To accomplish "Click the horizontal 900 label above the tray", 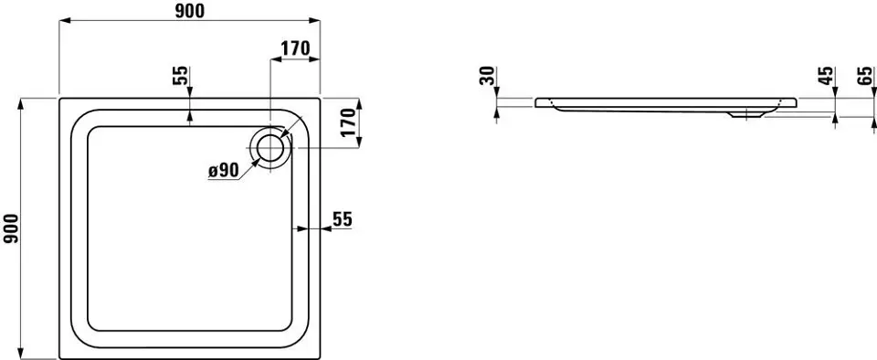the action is [x=190, y=11].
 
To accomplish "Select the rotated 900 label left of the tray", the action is [x=12, y=229].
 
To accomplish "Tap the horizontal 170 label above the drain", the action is [x=295, y=48].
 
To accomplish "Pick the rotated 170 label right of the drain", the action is [x=348, y=123].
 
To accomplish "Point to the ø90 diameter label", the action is [x=223, y=171].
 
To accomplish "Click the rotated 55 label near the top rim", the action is [x=181, y=75].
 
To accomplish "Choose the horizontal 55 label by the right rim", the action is [x=343, y=219].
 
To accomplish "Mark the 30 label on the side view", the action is [x=488, y=76].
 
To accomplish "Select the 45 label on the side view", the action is [x=827, y=76].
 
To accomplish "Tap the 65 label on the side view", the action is [x=864, y=76].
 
